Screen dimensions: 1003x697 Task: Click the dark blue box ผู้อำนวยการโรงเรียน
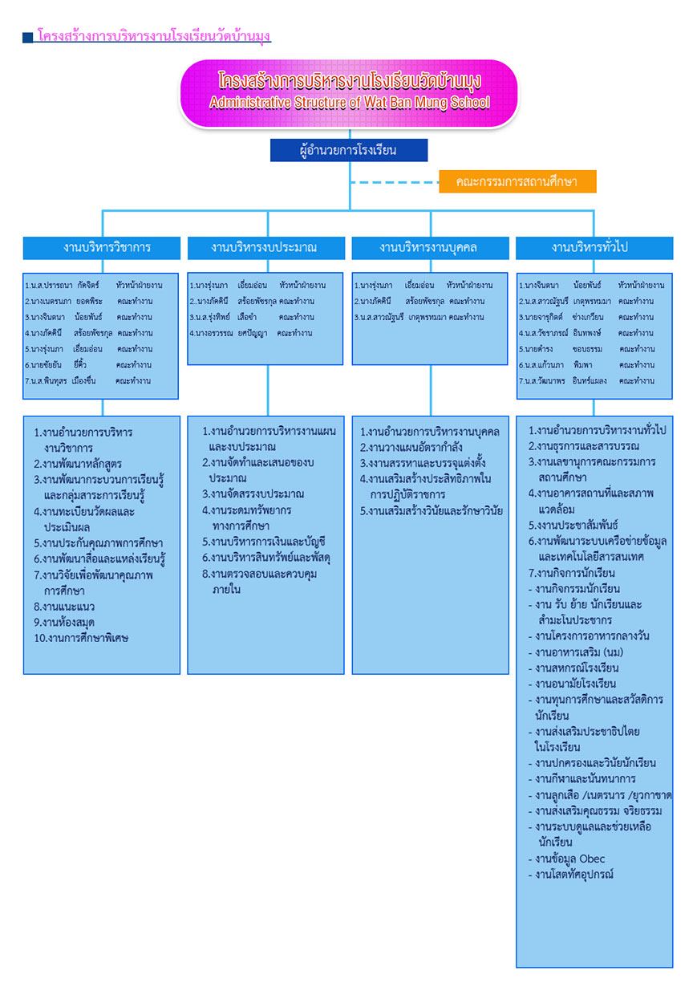point(348,150)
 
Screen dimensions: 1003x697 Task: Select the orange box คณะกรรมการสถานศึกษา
point(517,182)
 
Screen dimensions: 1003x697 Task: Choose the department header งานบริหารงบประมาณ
point(265,248)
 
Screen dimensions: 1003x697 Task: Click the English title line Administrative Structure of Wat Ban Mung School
point(349,104)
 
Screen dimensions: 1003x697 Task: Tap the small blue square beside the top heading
point(27,38)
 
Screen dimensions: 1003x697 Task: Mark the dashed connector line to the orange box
point(393,183)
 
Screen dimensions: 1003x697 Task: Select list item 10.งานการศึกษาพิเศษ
point(81,639)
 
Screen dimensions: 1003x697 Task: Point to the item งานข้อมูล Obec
point(570,859)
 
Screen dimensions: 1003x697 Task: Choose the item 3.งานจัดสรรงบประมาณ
point(253,494)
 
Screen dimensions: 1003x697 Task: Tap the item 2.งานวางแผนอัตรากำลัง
point(411,448)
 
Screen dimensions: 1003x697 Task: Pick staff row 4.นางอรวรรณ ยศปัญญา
point(250,333)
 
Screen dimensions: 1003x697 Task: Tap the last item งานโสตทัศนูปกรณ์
point(574,875)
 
